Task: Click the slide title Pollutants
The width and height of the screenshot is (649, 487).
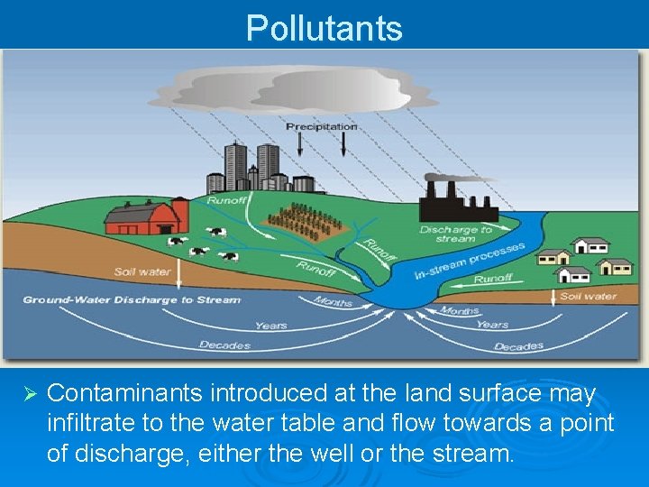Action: coord(324,28)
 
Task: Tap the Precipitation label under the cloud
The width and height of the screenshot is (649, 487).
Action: coord(322,127)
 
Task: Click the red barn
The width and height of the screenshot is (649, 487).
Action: coord(145,219)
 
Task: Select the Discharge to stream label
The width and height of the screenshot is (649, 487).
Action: coord(455,234)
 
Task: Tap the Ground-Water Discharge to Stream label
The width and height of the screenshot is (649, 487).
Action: coord(132,299)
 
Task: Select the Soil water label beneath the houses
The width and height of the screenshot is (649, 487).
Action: coord(589,296)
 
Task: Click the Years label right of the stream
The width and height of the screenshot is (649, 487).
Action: coord(492,324)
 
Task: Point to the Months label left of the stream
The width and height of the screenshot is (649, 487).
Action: coord(333,301)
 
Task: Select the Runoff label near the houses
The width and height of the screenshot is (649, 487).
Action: coord(493,280)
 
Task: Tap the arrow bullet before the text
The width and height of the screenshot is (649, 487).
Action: coord(28,395)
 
